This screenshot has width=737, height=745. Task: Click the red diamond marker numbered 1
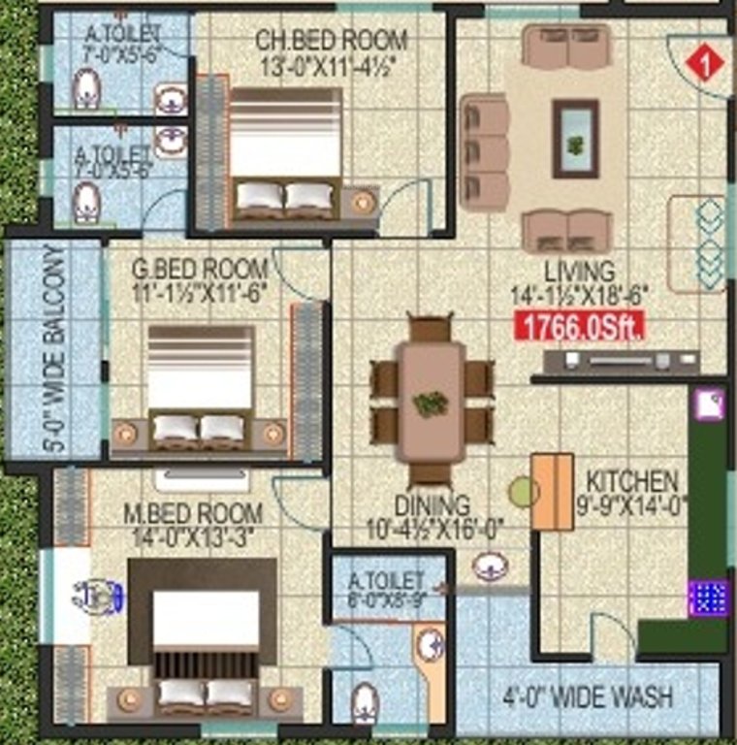pos(705,62)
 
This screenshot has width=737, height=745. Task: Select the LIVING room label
pos(579,272)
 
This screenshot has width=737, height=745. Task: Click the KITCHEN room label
pos(632,481)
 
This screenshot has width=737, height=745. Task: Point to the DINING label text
pos(433,506)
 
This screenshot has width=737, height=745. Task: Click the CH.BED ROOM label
pos(332,41)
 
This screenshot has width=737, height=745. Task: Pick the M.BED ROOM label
pos(193,512)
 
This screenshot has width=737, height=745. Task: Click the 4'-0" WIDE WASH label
pos(588,696)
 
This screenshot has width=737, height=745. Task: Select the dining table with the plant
pos(431,392)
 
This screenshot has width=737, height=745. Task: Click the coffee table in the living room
pos(575,139)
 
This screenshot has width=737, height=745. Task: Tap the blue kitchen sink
pos(707,597)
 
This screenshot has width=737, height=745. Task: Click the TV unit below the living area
pos(621,362)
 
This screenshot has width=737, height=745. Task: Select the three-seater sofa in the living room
pos(484,151)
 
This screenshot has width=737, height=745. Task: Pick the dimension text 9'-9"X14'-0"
pos(632,504)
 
